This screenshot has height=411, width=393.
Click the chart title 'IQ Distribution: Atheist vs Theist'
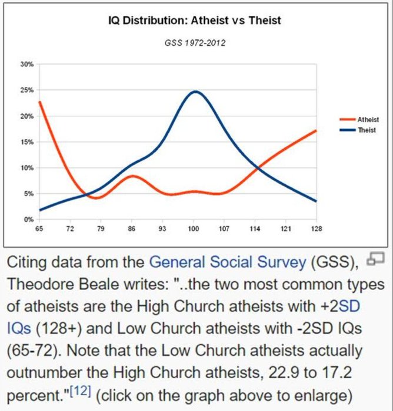195,21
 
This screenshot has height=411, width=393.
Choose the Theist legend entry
367,129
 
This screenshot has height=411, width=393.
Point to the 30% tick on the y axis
28,63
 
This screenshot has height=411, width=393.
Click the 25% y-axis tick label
28,90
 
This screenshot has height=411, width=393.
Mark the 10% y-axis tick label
28,168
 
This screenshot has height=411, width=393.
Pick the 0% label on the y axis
29,219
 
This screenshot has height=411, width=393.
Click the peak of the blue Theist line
195,92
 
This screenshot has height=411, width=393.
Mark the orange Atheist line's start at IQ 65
39,102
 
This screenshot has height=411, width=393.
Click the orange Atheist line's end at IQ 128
316,130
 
